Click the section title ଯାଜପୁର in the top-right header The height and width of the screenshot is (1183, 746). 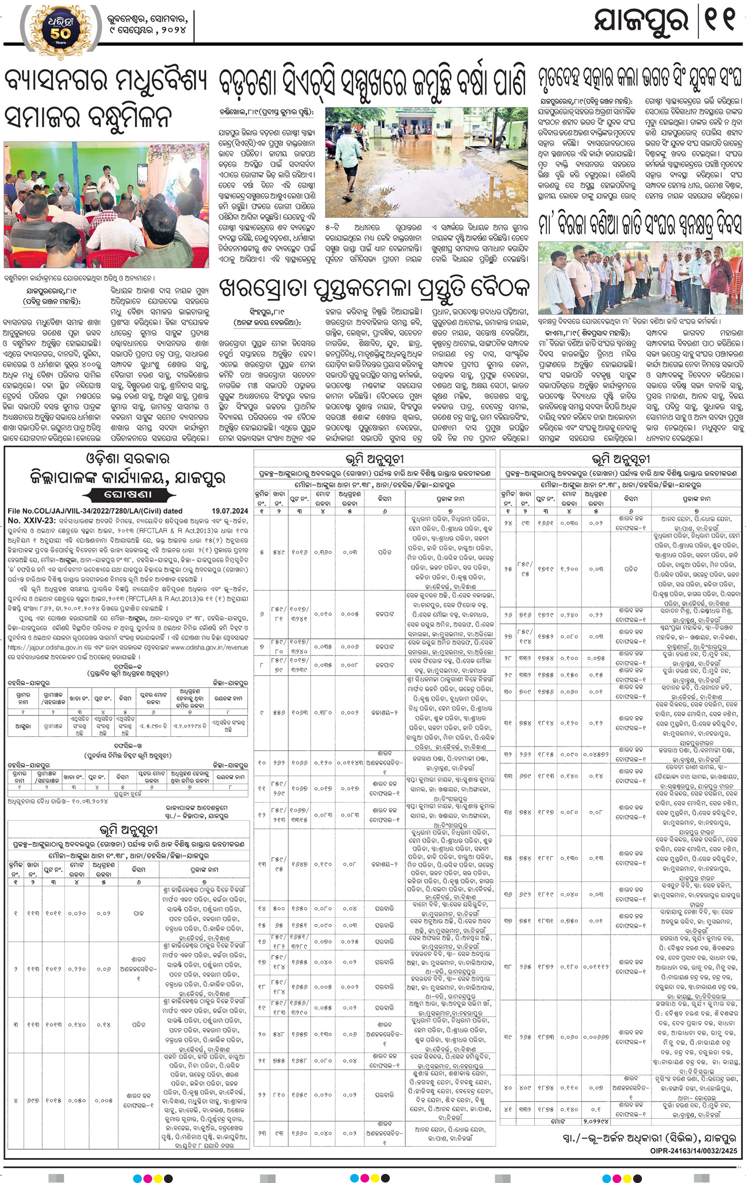pos(642,23)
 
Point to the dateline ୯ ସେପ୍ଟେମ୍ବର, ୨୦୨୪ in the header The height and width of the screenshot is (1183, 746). pos(148,31)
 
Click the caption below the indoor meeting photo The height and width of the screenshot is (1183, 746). pos(78,278)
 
